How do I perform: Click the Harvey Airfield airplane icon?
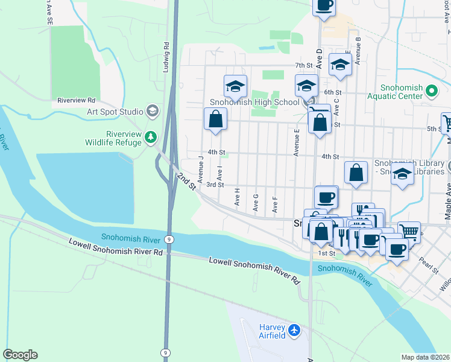coord(294,330)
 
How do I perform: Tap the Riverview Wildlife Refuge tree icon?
coord(150,139)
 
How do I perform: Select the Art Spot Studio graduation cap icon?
coord(153,111)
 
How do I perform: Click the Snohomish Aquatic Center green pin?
coord(431,91)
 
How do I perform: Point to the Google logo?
coord(20,355)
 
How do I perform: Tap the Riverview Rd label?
coord(77,100)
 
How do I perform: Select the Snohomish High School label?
coord(254,103)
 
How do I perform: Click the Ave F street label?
coord(275,205)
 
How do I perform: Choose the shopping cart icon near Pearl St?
coord(409,231)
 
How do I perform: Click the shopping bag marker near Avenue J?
coord(215,119)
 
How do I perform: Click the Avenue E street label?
coord(297,142)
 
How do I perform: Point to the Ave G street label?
coord(256,203)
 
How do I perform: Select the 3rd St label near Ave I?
coord(215,185)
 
